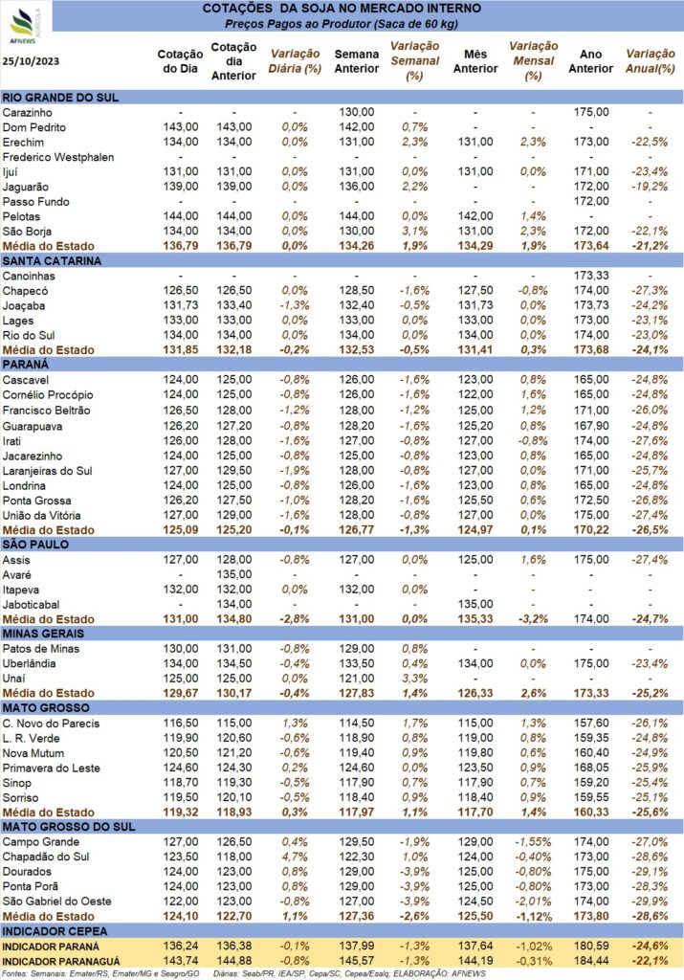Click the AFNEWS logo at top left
click(25, 26)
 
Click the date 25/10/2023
click(32, 60)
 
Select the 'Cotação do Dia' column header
click(180, 61)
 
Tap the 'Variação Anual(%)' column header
click(651, 61)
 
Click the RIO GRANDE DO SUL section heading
click(60, 98)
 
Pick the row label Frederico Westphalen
click(58, 157)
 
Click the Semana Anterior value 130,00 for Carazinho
click(357, 113)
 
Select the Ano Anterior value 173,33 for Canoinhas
click(591, 276)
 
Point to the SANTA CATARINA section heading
click(52, 261)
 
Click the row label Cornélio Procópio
click(48, 395)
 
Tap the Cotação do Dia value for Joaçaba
click(181, 305)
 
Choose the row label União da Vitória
click(41, 516)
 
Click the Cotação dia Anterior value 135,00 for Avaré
click(234, 574)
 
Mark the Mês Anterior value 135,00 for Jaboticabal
click(475, 605)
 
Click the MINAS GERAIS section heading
click(43, 634)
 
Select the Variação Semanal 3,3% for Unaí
click(415, 679)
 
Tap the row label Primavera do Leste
click(52, 768)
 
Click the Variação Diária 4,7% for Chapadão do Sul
click(295, 857)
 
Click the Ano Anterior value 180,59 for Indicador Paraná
click(591, 947)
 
